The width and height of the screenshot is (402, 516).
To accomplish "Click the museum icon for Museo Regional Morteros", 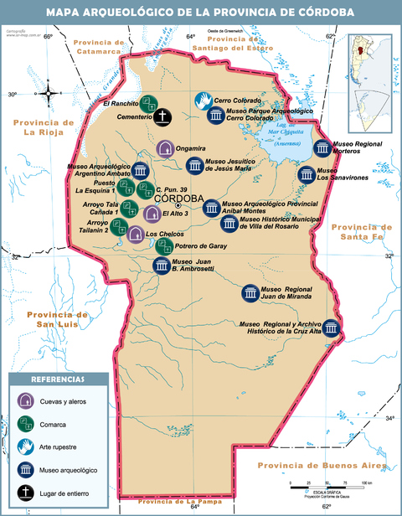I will point(322,148).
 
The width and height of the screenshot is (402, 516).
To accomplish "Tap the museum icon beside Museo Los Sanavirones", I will point(306,175).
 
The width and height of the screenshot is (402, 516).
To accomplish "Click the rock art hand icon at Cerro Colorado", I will point(204,101).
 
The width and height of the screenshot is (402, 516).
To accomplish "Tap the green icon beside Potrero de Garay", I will point(165,245).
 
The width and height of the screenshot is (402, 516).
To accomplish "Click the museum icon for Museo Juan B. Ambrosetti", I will point(162,266).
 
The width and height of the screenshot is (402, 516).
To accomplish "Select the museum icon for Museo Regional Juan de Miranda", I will point(250,293).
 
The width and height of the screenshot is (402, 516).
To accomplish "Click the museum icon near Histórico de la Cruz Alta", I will point(332,328).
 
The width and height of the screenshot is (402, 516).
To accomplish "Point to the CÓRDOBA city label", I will point(178,199).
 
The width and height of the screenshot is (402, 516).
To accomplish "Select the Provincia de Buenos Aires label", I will point(322,466).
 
